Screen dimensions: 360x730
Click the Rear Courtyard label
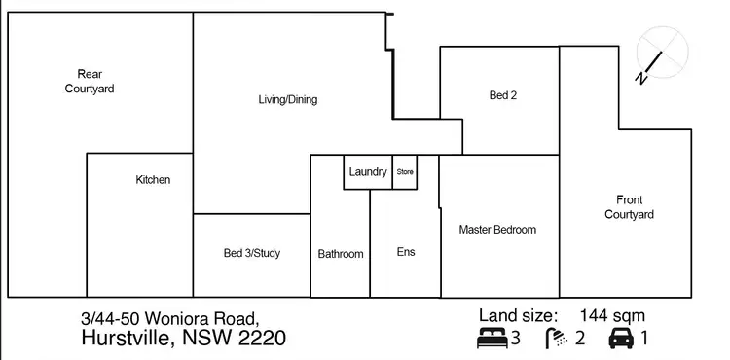(x=90, y=82)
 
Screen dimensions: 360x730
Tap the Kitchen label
(x=153, y=180)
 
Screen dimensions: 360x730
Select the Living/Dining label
(x=287, y=99)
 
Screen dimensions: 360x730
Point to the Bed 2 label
(x=502, y=95)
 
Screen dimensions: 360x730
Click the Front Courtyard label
(x=628, y=207)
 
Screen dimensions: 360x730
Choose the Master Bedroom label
(x=497, y=230)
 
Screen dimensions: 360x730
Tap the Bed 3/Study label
(x=251, y=254)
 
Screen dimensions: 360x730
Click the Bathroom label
(x=341, y=254)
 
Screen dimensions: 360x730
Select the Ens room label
(x=406, y=252)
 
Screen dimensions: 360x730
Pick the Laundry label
(x=368, y=172)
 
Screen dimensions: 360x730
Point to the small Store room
(x=405, y=172)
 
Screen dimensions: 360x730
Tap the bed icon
(x=492, y=339)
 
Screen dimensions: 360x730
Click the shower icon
(x=556, y=339)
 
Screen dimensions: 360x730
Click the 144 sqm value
(x=611, y=315)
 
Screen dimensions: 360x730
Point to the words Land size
(x=518, y=315)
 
